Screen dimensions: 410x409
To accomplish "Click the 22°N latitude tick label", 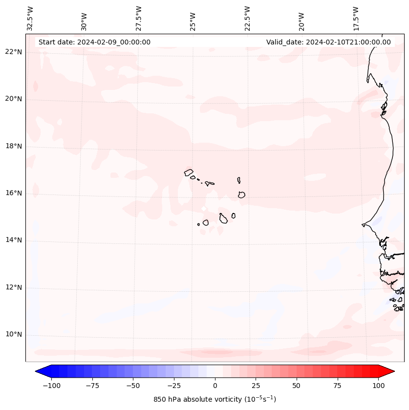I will click(14, 52).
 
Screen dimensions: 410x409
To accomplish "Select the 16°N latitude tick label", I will click(14, 194).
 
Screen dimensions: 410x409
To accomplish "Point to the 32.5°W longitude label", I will click(30, 19).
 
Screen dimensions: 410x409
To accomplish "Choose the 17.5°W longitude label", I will click(356, 19).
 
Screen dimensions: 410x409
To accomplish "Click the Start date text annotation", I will click(94, 42).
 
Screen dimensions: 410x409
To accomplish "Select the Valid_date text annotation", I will click(328, 42).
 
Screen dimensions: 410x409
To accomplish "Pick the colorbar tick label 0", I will click(215, 386).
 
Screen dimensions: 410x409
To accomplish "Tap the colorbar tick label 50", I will click(296, 386).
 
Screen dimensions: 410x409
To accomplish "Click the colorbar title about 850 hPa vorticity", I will click(215, 399).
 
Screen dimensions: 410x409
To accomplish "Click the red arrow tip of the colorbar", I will click(393, 371).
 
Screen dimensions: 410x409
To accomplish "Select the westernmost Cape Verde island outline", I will click(189, 172).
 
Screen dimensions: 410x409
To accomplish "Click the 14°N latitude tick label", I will click(14, 240).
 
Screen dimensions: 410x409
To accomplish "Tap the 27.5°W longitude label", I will click(139, 19).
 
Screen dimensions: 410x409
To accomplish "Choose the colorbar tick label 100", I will click(378, 386).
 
